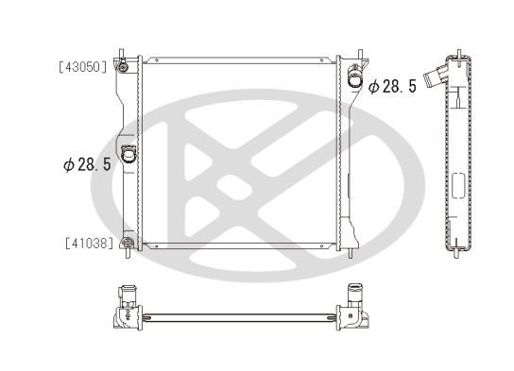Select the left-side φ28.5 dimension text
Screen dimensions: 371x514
[x=87, y=163]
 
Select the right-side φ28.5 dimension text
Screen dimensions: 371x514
[x=392, y=86]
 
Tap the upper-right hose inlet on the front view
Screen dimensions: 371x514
[x=353, y=77]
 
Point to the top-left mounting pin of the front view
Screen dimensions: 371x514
[x=122, y=49]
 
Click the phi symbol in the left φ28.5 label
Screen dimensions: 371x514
[x=67, y=163]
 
